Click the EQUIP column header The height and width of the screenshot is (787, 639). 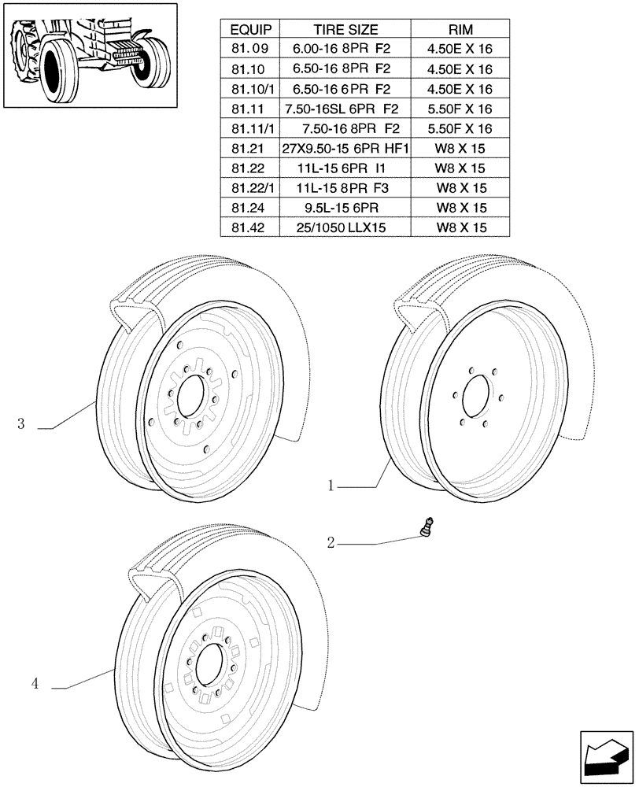(251, 30)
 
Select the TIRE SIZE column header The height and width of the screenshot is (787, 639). (346, 30)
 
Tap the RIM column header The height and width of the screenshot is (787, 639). (460, 30)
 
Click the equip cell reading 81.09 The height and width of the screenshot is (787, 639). (251, 50)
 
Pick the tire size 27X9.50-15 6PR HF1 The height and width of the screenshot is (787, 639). (346, 149)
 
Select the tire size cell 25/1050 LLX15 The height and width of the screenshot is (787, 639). (346, 227)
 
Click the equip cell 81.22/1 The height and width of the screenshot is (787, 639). (251, 188)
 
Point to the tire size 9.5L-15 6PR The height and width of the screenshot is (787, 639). (346, 208)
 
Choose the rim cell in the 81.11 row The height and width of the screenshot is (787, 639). (460, 109)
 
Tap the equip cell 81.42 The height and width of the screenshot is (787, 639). (251, 227)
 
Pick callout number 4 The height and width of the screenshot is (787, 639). (35, 685)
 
